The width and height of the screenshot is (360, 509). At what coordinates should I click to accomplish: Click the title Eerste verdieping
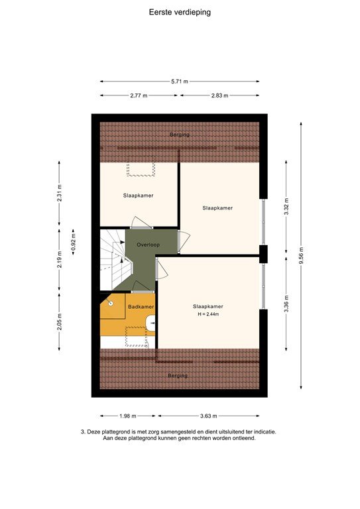tap(180, 11)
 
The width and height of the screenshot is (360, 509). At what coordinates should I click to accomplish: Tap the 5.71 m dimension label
tap(179, 82)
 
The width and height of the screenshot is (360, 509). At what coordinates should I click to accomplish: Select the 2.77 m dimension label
tap(139, 95)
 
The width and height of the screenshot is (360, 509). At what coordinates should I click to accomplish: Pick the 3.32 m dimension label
tap(286, 207)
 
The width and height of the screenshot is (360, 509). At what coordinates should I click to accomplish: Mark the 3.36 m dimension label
tap(286, 303)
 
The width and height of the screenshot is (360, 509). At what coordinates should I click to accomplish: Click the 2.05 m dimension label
tap(60, 321)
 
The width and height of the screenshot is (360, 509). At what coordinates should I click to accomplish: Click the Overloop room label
tap(149, 245)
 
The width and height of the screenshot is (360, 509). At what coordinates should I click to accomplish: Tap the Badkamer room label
tap(141, 307)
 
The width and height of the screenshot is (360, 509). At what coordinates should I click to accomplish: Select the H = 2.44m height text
tap(208, 315)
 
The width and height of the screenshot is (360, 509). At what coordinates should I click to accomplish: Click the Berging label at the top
tap(179, 135)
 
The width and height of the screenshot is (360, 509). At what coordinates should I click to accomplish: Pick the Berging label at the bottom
tap(177, 376)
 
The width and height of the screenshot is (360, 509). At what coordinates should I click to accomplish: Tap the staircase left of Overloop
tap(113, 260)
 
